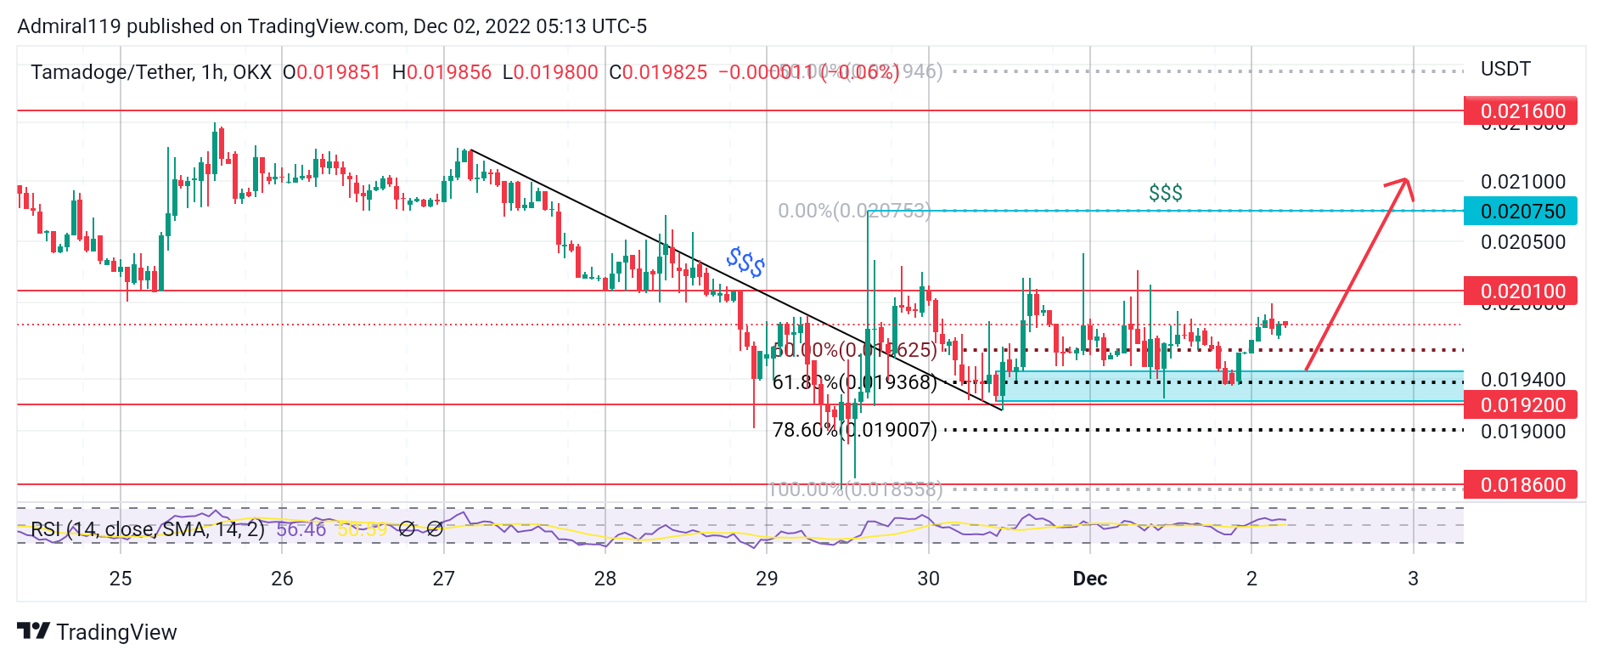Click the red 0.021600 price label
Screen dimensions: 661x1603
[1520, 111]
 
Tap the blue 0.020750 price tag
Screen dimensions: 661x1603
[1520, 211]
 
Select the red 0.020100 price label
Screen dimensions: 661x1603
[1520, 291]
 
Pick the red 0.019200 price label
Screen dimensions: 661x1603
[1520, 405]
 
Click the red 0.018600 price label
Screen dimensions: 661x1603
[1520, 485]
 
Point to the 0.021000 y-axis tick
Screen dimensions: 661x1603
[1522, 182]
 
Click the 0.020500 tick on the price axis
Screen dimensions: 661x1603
[1522, 242]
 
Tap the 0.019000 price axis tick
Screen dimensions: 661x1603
[1522, 432]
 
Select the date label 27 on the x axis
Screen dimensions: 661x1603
[443, 579]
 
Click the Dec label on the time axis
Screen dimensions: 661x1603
[1089, 579]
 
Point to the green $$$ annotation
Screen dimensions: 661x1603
[1165, 194]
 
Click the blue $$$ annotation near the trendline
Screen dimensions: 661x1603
[745, 263]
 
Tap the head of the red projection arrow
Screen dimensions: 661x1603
[1406, 181]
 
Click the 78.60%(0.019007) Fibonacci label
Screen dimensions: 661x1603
[854, 430]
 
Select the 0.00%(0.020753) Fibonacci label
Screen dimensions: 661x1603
[854, 211]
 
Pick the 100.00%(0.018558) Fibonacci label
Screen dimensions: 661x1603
[854, 489]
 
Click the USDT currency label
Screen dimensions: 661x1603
[1505, 69]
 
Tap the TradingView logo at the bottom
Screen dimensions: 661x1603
[97, 632]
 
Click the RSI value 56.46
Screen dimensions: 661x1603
[301, 529]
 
